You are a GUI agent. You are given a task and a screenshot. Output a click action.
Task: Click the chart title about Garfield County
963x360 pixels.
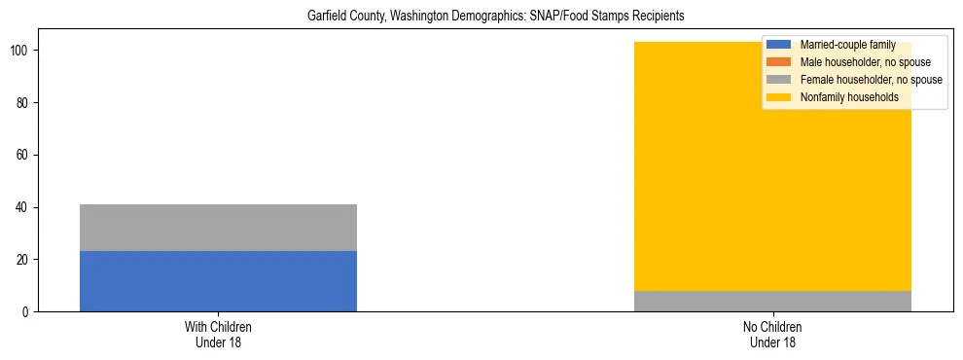click(482, 17)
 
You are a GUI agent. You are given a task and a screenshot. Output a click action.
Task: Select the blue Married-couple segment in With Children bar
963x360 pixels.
click(218, 281)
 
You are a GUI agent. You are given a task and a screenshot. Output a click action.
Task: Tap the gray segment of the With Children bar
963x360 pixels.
click(218, 228)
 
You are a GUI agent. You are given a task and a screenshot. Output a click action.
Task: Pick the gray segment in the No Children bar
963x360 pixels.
click(772, 302)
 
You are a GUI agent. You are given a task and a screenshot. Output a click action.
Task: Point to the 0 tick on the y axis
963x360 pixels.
click(29, 312)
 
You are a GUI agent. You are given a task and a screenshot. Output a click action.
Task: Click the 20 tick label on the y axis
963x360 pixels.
click(26, 260)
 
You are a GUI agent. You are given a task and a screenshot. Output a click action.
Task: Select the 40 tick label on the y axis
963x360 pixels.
click(26, 207)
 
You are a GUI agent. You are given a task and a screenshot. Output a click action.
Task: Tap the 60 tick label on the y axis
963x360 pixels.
click(26, 155)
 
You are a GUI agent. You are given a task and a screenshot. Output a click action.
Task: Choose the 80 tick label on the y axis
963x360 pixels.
click(26, 102)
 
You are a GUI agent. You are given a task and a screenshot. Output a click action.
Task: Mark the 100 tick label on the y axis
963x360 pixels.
click(23, 51)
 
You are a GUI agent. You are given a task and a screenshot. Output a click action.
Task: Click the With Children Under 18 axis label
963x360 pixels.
click(218, 335)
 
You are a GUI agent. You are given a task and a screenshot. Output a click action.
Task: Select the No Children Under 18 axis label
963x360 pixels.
click(772, 335)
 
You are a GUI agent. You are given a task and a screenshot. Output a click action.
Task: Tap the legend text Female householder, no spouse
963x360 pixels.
click(871, 80)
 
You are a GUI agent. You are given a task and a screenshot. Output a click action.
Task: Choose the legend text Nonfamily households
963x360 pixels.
click(849, 97)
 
